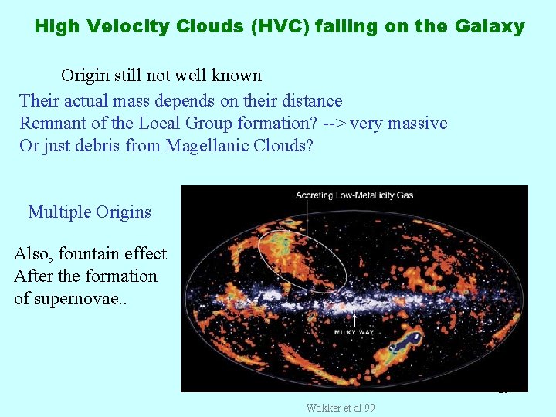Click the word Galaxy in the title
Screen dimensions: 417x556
490,27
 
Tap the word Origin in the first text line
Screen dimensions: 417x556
86,76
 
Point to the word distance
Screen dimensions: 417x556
310,101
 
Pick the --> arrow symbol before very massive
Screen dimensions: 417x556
334,124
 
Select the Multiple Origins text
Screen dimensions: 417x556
90,212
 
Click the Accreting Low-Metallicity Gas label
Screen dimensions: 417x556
354,195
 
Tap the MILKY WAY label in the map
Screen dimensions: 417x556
354,332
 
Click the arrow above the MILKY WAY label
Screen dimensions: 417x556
354,318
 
